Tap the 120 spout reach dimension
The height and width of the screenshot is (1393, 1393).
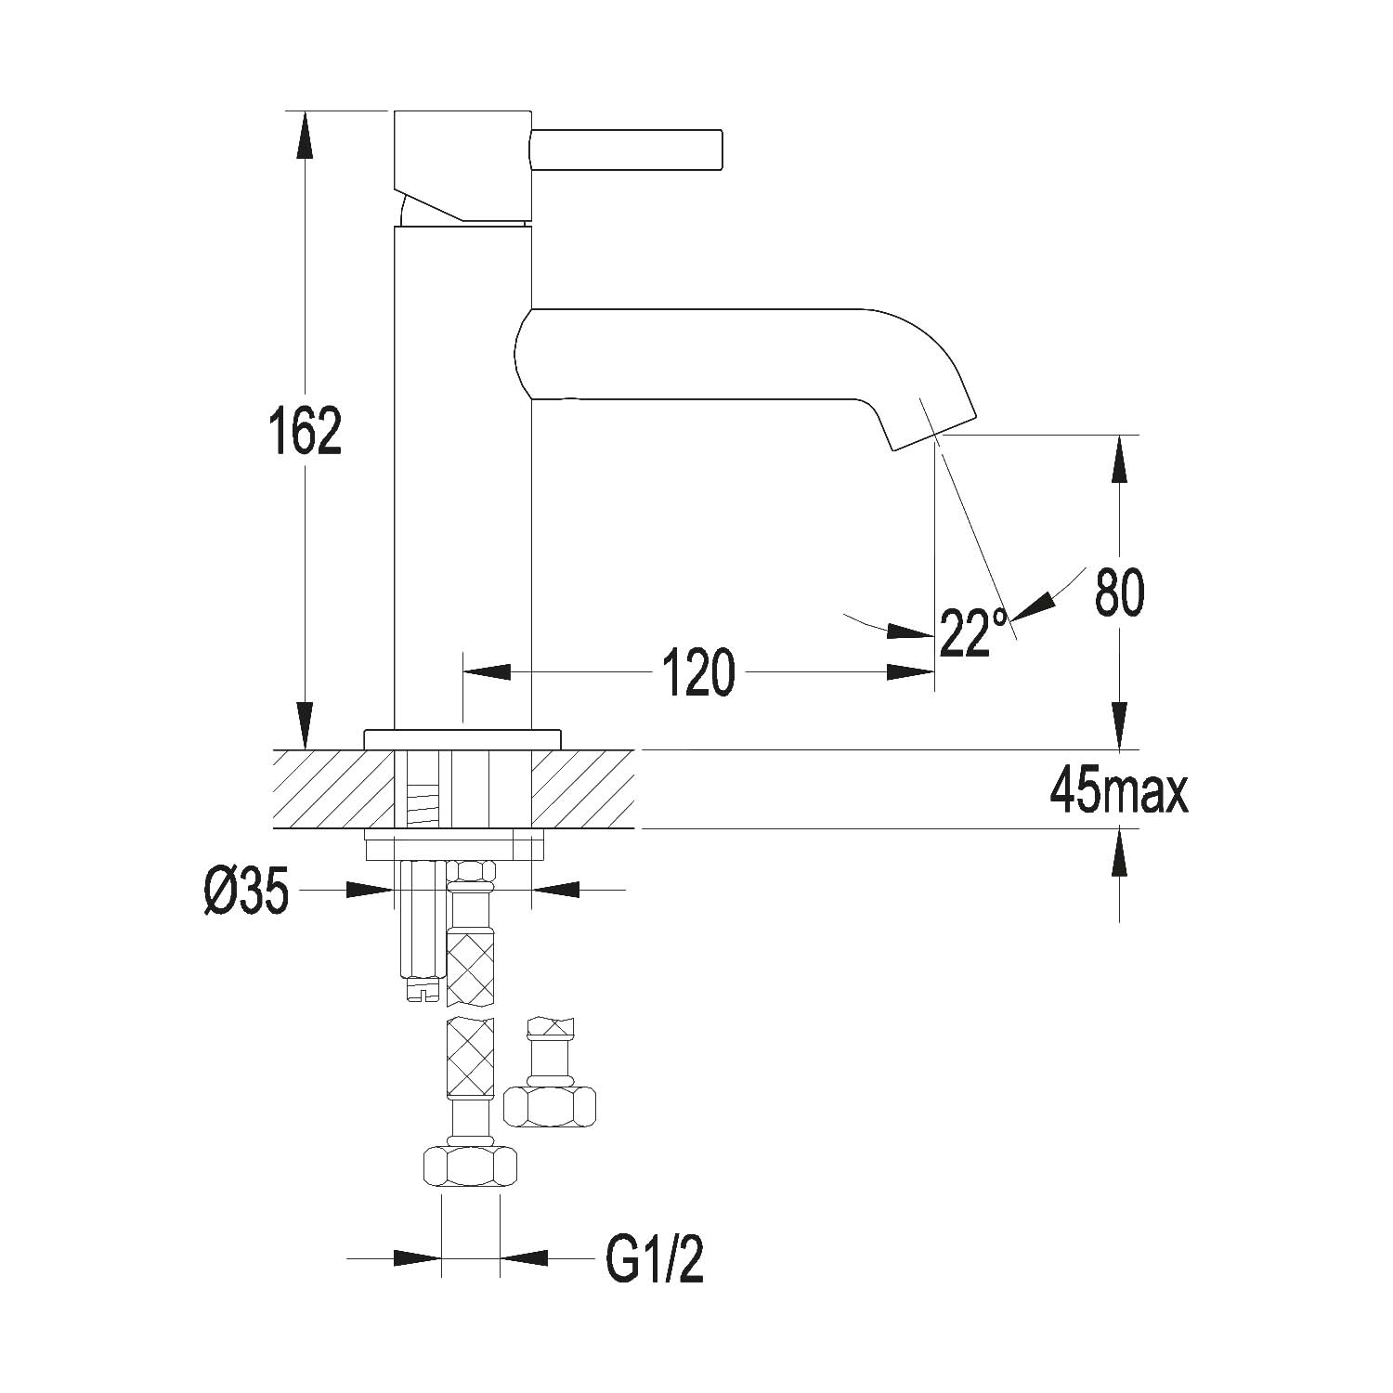698,672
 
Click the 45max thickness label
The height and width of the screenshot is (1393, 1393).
1119,792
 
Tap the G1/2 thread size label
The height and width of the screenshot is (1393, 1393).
655,1259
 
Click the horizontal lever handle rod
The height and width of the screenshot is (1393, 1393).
626,150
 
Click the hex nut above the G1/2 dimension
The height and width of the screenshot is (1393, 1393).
469,1166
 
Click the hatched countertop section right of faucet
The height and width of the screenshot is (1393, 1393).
582,789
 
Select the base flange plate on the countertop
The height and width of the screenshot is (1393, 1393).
462,739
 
